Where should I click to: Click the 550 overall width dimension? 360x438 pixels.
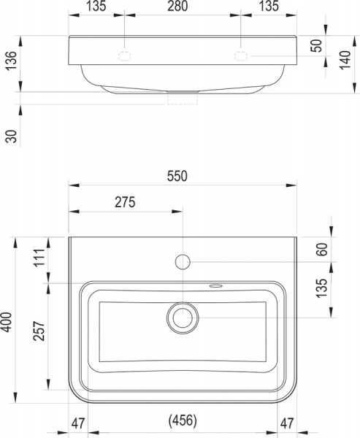177,176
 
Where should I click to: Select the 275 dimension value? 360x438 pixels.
125,202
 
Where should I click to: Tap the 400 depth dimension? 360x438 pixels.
7,323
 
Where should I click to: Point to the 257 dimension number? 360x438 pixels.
39,331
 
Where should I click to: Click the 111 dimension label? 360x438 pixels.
39,257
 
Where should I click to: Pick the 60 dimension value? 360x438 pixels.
322,250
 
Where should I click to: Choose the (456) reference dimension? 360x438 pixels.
183,420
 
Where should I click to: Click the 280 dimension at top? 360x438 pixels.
177,6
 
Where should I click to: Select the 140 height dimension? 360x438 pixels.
345,60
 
